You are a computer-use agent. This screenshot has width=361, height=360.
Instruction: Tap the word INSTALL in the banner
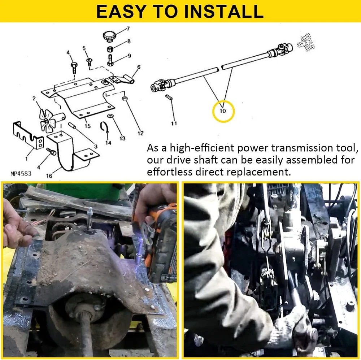(x=224, y=11)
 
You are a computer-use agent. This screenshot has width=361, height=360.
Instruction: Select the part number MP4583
(x=21, y=173)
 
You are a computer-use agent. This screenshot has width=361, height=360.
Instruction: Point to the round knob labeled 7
(x=109, y=36)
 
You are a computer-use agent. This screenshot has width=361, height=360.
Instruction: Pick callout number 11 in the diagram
(x=174, y=123)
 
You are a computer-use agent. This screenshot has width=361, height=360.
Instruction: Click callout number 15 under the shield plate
(x=87, y=126)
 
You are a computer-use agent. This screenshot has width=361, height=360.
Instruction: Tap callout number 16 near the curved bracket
(x=49, y=176)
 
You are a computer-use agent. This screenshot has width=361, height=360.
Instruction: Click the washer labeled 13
(x=110, y=115)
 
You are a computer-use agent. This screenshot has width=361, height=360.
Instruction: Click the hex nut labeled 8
(x=110, y=49)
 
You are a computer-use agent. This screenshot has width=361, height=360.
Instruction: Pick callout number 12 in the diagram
(x=140, y=133)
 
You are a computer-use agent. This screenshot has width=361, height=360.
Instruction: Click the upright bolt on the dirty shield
(x=90, y=218)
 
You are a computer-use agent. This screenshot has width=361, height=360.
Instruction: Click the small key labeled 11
(x=169, y=97)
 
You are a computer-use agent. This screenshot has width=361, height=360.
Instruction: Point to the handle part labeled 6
(x=123, y=79)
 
